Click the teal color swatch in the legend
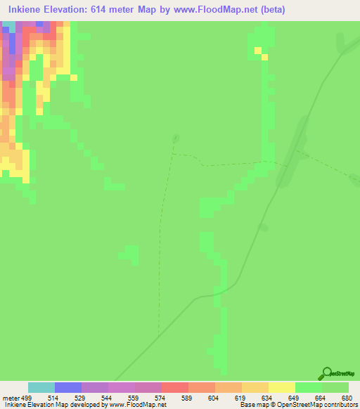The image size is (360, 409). (41, 387)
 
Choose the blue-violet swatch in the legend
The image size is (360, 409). (68, 387)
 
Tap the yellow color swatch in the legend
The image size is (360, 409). (282, 387)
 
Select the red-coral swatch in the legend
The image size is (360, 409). (175, 387)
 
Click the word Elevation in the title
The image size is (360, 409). (69, 9)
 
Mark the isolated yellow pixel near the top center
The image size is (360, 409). (258, 50)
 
